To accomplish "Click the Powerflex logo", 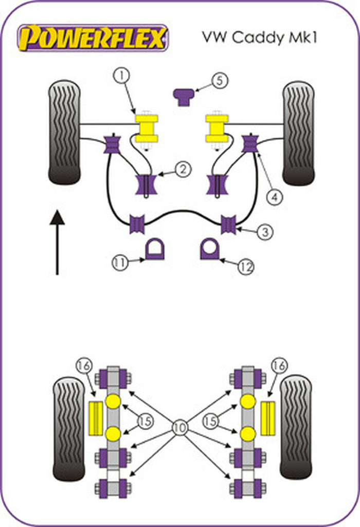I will pyautogui.click(x=93, y=38).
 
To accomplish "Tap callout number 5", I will pyautogui.click(x=220, y=81).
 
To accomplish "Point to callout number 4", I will pyautogui.click(x=275, y=196).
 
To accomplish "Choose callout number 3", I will pyautogui.click(x=264, y=232).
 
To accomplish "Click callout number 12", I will pyautogui.click(x=246, y=266).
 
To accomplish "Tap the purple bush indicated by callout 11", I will pyautogui.click(x=154, y=250).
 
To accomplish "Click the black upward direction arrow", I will pyautogui.click(x=57, y=241).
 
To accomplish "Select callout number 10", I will pyautogui.click(x=180, y=427).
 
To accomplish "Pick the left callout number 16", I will pyautogui.click(x=84, y=366).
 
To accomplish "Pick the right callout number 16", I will pyautogui.click(x=280, y=366).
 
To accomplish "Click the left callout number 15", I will pyautogui.click(x=146, y=421).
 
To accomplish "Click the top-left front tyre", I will pyautogui.click(x=64, y=132).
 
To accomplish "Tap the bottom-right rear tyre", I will pyautogui.click(x=296, y=427).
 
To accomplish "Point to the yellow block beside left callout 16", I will pyautogui.click(x=96, y=417).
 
